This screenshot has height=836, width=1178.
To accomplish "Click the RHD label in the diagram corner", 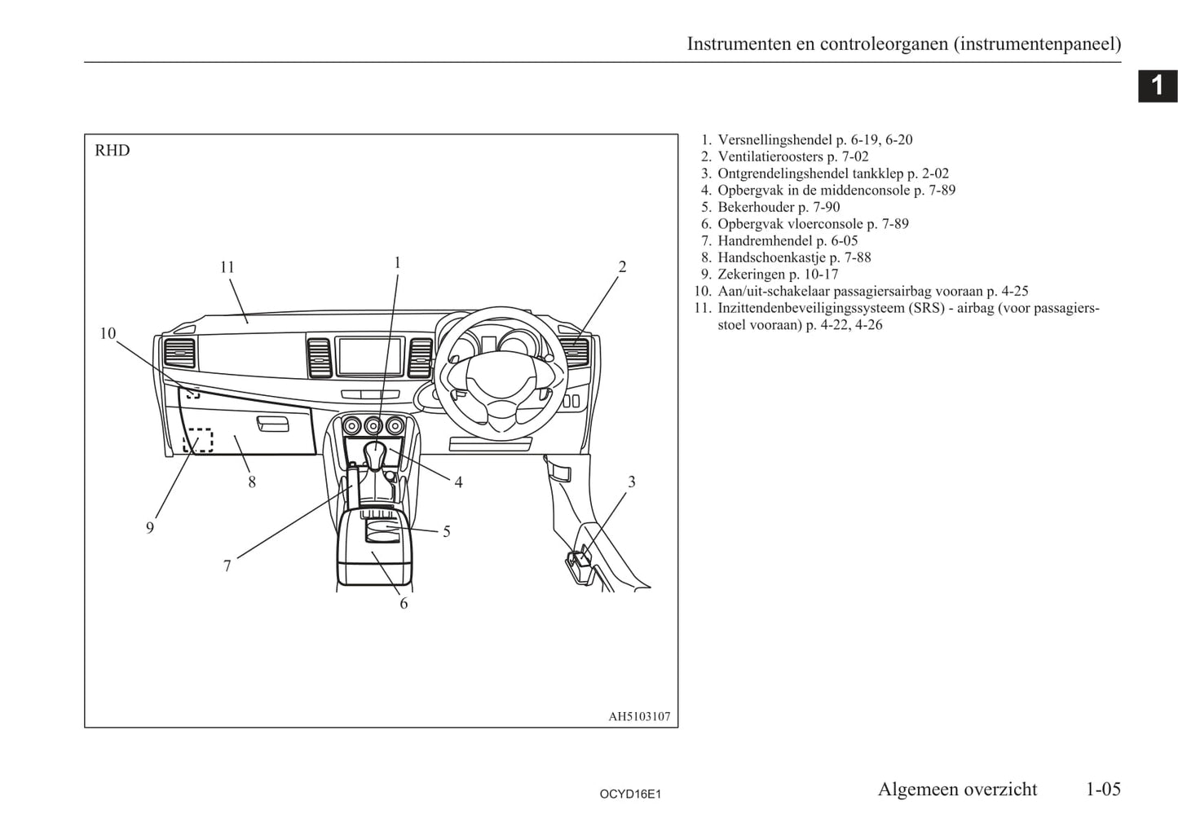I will (x=113, y=151).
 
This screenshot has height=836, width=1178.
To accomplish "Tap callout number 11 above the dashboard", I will (x=227, y=267).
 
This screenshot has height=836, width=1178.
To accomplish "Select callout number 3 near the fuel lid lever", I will (x=631, y=482).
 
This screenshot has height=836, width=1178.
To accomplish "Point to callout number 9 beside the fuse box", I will (x=150, y=528).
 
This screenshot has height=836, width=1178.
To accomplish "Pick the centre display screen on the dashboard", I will (x=371, y=356).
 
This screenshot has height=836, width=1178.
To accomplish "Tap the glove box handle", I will (x=271, y=425).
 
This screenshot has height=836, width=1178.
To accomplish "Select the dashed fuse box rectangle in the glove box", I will (x=197, y=440).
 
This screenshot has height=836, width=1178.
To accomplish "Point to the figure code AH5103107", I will (x=639, y=717).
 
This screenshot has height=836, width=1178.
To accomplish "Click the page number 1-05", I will (x=1103, y=789).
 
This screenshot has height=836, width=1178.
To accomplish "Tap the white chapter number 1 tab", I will (x=1157, y=86).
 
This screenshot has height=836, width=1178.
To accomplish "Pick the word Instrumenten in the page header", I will (x=739, y=44).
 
